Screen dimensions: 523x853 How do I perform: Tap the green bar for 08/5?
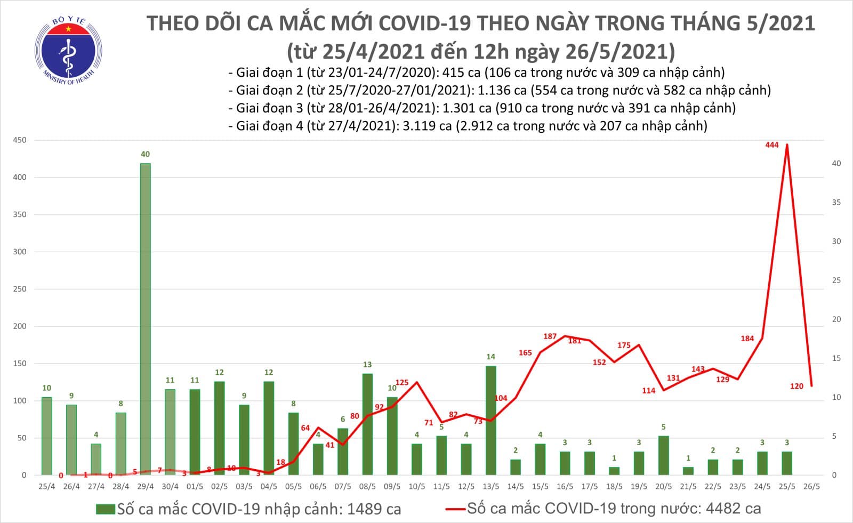coord(367,424)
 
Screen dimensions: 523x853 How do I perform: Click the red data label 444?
coord(771,145)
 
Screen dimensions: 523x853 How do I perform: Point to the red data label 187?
coord(550,336)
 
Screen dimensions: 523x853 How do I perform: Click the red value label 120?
coord(796,387)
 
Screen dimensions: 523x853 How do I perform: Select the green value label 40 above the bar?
coord(145,155)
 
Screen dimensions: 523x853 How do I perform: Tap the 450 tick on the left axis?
coord(20,140)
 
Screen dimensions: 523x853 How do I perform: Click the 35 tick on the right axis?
coord(836,203)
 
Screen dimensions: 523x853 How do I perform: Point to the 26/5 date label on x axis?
coord(811,487)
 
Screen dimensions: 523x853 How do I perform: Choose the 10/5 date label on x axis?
coord(417,487)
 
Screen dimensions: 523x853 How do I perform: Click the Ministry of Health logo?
coord(68,51)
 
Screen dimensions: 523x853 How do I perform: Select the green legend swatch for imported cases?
coord(105,509)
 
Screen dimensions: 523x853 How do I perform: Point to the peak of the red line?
coord(787,144)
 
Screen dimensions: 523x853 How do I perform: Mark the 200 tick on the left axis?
coord(20,326)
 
